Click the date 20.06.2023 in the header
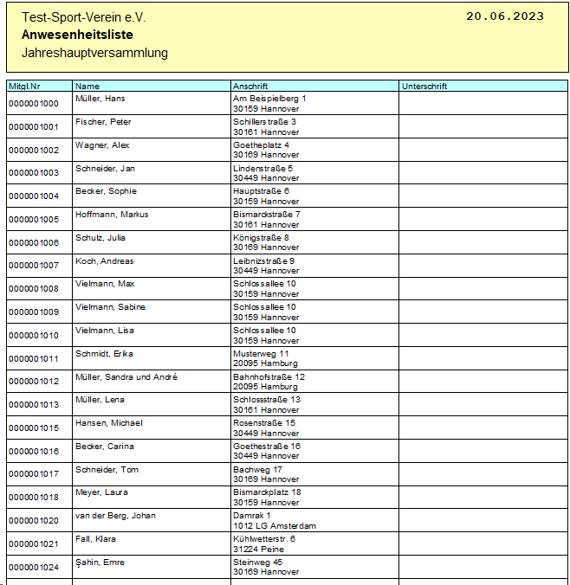505,16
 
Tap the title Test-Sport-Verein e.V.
84,17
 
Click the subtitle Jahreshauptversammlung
94,53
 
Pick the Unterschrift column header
424,87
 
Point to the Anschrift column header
250,87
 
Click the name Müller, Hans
100,99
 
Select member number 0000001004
34,196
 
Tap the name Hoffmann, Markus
112,215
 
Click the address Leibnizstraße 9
263,260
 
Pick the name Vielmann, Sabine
110,307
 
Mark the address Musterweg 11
261,354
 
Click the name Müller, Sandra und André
126,377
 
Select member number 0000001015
34,428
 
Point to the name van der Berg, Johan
115,516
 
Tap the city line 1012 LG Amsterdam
275,525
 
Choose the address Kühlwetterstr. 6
264,539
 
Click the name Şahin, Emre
100,562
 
